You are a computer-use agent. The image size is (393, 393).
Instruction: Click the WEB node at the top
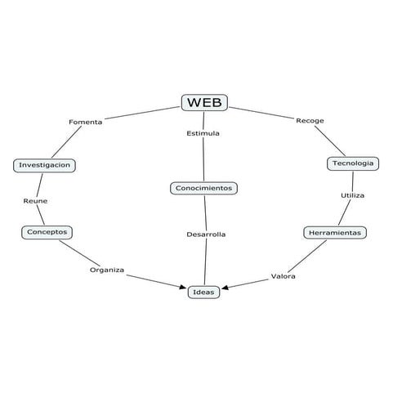point(203,102)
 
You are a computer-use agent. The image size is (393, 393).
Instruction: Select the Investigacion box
point(46,165)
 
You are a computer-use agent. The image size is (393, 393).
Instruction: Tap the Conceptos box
point(47,232)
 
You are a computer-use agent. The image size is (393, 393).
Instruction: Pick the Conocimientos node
point(204,188)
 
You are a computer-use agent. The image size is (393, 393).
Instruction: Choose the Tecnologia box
point(353,163)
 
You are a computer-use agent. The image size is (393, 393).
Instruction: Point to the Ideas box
point(203,292)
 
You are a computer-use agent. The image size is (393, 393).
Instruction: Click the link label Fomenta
point(85,122)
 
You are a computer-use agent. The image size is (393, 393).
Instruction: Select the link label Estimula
point(203,132)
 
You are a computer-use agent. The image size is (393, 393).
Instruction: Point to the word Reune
point(35,199)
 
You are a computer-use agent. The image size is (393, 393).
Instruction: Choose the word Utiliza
point(352,196)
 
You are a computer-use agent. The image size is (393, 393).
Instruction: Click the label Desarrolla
point(205,234)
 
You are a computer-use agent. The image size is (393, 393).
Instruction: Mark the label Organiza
point(107,270)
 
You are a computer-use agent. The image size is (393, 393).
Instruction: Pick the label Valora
point(283,276)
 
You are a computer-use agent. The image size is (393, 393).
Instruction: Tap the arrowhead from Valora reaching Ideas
point(226,288)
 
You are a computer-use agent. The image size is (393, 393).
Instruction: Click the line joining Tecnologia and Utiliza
point(353,181)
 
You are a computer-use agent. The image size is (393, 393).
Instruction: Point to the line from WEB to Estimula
point(203,118)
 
